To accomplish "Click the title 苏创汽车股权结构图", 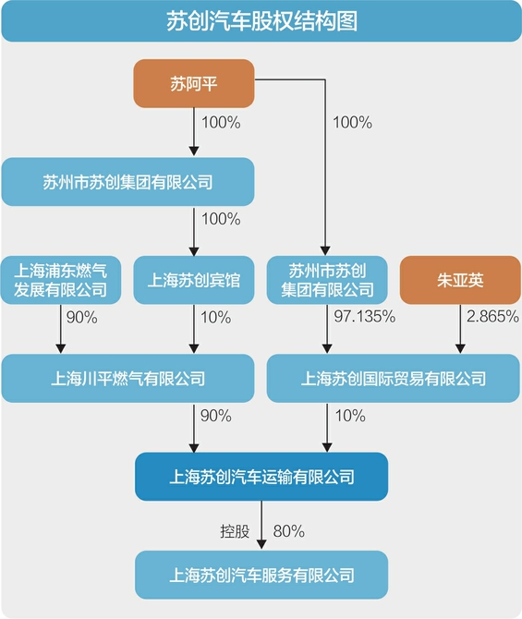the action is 261,21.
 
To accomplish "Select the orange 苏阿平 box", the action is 193,84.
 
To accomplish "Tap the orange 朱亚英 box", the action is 460,280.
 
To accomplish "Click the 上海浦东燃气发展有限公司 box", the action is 60,280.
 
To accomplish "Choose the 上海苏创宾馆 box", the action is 193,280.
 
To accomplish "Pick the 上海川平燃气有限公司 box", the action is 127,378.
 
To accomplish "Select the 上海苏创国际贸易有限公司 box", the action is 394,378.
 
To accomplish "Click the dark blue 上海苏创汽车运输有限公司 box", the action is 261,477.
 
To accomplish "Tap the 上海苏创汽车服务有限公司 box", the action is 261,575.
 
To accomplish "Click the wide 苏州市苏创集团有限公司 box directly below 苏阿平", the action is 127,182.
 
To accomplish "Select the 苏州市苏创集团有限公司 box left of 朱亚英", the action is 327,280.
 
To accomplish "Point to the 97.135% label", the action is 364,317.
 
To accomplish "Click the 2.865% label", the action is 492,317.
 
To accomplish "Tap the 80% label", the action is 288,531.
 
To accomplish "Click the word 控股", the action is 235,531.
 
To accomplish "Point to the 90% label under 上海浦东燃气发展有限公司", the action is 81,318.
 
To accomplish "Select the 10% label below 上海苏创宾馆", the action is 215,318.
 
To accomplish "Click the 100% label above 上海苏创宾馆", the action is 221,219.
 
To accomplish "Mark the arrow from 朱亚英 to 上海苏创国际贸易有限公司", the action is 460,329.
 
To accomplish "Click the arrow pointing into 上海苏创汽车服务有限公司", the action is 261,525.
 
